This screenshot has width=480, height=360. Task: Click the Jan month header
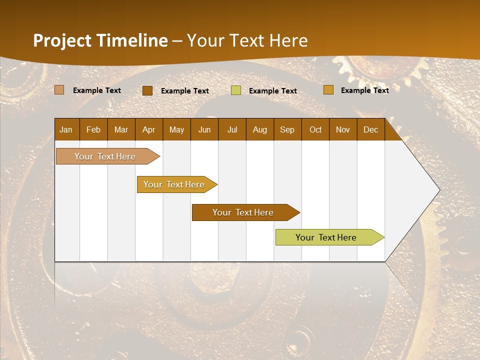tap(66, 129)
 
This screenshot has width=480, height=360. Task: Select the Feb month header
tap(93, 129)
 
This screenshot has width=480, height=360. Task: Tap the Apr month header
tap(148, 129)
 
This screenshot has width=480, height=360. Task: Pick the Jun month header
tap(204, 129)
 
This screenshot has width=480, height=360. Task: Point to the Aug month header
tap(259, 129)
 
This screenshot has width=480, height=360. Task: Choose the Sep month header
tap(287, 129)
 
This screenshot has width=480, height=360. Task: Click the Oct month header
tap(315, 129)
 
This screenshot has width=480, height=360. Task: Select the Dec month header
tap(370, 129)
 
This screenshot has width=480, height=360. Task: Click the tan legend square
tap(59, 90)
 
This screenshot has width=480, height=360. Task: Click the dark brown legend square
tap(147, 90)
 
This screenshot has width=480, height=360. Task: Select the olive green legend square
tap(236, 90)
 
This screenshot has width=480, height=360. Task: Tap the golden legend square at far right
tap(328, 90)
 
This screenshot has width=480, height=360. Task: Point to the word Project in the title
tap(62, 40)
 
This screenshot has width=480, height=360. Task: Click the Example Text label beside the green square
tap(273, 91)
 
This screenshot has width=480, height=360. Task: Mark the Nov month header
tap(343, 129)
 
